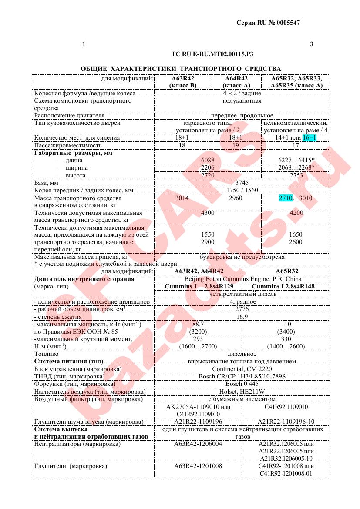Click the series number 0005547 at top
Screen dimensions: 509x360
pyautogui.click(x=285, y=23)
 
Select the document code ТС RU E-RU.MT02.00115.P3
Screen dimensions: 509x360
pyautogui.click(x=212, y=54)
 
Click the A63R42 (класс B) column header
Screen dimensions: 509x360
pyautogui.click(x=182, y=82)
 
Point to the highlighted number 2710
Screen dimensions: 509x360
pyautogui.click(x=287, y=198)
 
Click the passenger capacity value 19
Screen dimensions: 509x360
pyautogui.click(x=236, y=145)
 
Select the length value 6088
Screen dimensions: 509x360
pyautogui.click(x=207, y=160)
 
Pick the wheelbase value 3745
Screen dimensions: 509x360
pyautogui.click(x=242, y=183)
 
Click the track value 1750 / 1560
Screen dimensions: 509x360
pyautogui.click(x=242, y=191)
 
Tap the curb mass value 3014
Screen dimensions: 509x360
pyautogui.click(x=182, y=198)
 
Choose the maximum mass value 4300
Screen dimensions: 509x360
pyautogui.click(x=207, y=214)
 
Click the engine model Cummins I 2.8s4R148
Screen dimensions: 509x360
pyautogui.click(x=283, y=286)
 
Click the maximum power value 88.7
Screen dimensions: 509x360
pyautogui.click(x=198, y=324)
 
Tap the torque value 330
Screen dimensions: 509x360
pyautogui.click(x=286, y=339)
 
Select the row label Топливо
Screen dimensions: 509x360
pyautogui.click(x=45, y=354)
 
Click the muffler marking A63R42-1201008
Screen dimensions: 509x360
pyautogui.click(x=198, y=466)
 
